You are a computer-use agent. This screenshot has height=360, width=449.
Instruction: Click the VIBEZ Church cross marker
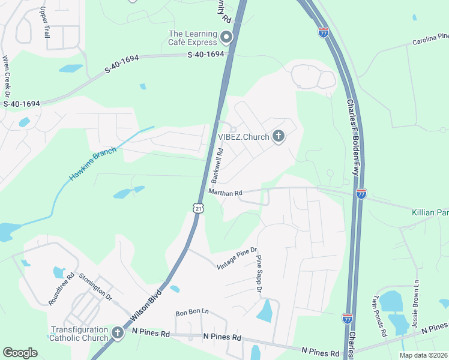[x=278, y=136]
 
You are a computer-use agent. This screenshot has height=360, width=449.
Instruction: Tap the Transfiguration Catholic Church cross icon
[x=117, y=332]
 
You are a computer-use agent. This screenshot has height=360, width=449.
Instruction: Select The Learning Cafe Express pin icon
[x=226, y=38]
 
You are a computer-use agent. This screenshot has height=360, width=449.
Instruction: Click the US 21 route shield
[x=198, y=208]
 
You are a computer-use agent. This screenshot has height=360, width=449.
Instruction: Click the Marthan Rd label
[x=225, y=193]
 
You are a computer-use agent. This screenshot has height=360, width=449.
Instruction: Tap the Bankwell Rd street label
[x=217, y=166]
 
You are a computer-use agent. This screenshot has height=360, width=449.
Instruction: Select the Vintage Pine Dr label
[x=237, y=257]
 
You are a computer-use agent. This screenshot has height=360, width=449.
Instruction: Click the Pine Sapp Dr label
[x=260, y=275]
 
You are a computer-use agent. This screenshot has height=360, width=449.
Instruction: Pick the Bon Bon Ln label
[x=191, y=313]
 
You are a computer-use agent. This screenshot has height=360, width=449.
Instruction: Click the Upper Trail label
[x=44, y=22]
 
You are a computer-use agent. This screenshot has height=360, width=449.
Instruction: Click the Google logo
[x=20, y=353]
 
